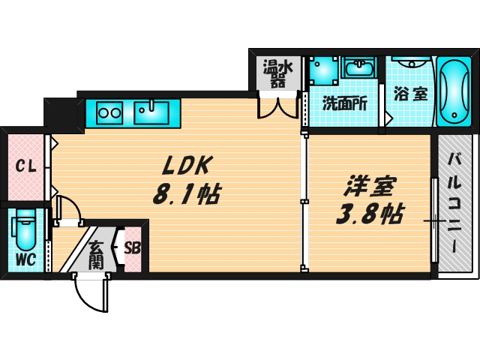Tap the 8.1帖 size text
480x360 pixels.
[x=185, y=195]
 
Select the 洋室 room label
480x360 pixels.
[x=370, y=185]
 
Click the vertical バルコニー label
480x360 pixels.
[x=455, y=202]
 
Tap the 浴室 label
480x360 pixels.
[x=410, y=95]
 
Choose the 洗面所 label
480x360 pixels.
[x=344, y=103]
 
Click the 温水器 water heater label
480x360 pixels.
[x=277, y=73]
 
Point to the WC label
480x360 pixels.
[x=26, y=261]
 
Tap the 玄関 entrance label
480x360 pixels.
[x=97, y=254]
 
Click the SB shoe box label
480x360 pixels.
[x=132, y=248]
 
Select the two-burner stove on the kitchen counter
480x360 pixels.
[x=110, y=113]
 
